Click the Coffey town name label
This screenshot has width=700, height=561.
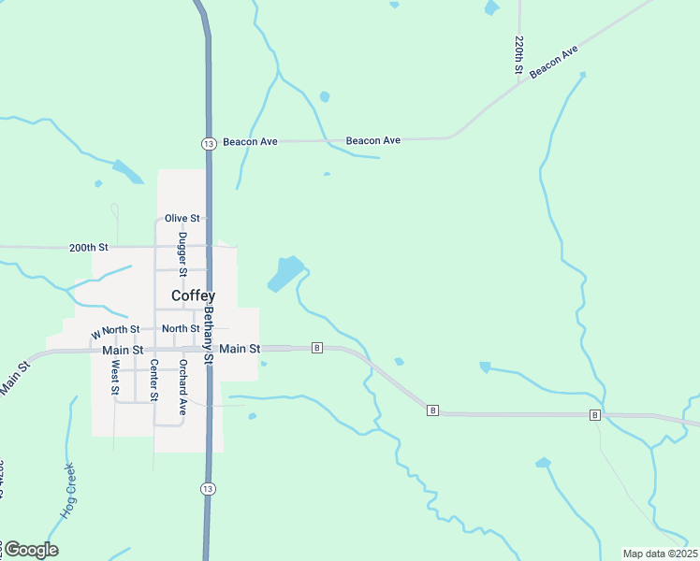(193, 295)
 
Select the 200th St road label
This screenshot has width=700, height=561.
(89, 248)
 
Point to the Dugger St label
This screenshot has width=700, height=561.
(183, 254)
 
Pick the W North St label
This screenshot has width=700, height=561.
(115, 331)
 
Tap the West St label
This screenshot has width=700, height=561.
(114, 380)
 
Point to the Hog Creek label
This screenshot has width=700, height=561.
(69, 492)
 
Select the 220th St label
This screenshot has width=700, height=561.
(518, 55)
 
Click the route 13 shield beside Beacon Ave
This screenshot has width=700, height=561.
(208, 142)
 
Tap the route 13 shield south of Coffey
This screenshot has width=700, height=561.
(208, 489)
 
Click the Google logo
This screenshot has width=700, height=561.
(31, 550)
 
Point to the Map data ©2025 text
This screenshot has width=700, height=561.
(661, 554)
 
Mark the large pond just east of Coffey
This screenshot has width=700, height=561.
(285, 273)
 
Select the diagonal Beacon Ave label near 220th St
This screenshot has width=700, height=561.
(557, 61)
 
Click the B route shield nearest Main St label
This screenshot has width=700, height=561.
(317, 348)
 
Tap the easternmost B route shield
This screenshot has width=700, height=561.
(594, 414)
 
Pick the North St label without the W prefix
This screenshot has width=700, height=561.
(180, 328)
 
